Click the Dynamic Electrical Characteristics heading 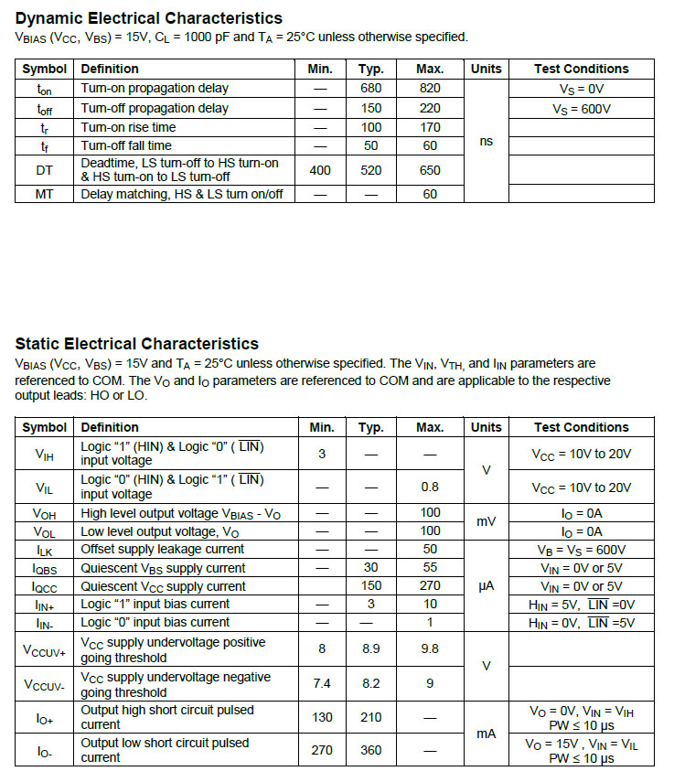coord(148,18)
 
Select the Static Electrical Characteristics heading coord(136,344)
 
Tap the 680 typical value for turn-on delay coord(370,89)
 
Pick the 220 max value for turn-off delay coord(429,108)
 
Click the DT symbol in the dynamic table coord(44,170)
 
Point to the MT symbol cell coord(44,194)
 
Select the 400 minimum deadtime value coord(320,170)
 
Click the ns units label coord(486,142)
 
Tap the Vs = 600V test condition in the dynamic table coord(582,108)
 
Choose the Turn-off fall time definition coord(126,145)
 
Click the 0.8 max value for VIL coord(430,487)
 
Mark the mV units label coord(486,522)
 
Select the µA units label coord(486,585)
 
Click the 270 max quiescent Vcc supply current coord(430,585)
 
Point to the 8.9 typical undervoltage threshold coord(370,649)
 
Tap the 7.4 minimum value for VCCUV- coord(321,683)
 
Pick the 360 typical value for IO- coord(370,750)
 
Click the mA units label coord(486,734)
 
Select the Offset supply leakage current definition coord(163,549)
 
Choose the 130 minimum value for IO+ coord(321,717)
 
